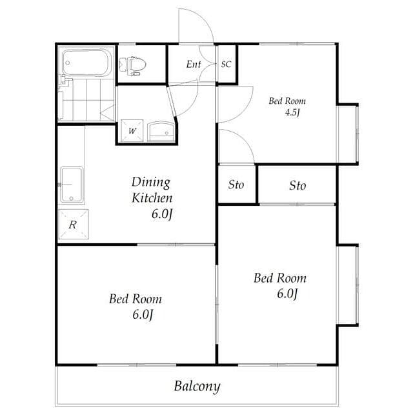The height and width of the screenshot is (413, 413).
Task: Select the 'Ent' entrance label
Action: tap(194, 65)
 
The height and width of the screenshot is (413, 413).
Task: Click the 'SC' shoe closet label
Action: tap(227, 65)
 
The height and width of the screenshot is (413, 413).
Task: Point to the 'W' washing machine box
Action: tap(132, 132)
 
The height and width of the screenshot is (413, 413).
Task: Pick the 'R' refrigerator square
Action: tap(74, 225)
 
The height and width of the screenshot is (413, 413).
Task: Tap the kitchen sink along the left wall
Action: tap(72, 185)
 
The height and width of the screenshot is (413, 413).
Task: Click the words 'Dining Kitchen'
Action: tap(152, 190)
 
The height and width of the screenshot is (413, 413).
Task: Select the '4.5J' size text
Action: tap(292, 113)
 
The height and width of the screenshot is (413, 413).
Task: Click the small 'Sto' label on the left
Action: tap(236, 185)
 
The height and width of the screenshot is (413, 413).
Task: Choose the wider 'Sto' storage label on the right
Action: tap(297, 186)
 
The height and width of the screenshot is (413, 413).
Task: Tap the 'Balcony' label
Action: tap(197, 387)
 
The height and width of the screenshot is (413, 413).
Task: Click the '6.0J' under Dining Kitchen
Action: tap(161, 214)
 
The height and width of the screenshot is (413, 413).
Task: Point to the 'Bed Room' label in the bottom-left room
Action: tap(135, 299)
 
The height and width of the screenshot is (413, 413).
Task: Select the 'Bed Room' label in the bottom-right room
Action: tap(279, 279)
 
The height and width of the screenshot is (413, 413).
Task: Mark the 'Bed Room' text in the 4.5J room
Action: tap(287, 101)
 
